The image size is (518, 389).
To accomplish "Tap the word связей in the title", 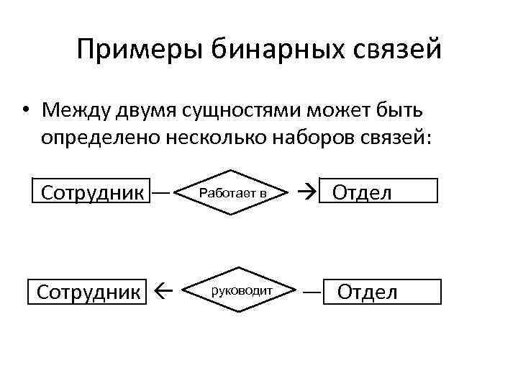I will [x=399, y=50].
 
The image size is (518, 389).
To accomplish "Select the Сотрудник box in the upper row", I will [x=91, y=192].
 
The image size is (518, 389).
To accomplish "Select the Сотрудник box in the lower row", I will [x=87, y=292].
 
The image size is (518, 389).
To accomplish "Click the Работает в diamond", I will [x=233, y=192].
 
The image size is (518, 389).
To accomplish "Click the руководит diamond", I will [x=240, y=291].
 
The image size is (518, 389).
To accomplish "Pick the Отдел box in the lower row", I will [x=381, y=292].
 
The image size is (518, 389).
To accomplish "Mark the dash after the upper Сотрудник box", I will [x=161, y=192].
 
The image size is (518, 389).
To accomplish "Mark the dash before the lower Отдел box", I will [x=311, y=292].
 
